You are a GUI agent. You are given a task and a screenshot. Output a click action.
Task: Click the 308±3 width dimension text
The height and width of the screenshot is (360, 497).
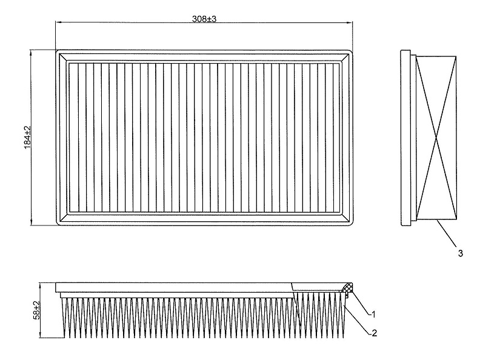click(204, 19)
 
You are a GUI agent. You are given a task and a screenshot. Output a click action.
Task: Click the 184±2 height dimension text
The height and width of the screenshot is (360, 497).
click(27, 137)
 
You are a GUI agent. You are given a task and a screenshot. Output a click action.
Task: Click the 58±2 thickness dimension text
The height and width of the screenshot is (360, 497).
click(37, 310)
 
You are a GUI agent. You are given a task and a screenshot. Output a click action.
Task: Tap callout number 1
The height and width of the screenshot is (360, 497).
click(373, 315)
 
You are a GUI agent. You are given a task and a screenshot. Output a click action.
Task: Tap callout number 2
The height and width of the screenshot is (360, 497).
click(375, 333)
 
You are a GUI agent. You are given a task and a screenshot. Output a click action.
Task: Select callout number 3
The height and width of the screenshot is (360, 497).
click(460, 253)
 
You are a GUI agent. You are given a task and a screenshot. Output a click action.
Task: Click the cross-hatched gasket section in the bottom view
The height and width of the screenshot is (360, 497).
click(347, 288)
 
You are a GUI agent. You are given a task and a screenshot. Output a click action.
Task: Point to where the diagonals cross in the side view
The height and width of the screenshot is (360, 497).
click(436, 138)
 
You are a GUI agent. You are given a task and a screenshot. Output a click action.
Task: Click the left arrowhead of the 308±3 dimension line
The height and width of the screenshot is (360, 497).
click(58, 22)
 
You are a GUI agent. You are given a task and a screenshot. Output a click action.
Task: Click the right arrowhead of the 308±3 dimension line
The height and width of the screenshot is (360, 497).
click(349, 22)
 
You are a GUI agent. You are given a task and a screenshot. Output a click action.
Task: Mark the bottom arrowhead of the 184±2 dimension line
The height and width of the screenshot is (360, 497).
click(31, 222)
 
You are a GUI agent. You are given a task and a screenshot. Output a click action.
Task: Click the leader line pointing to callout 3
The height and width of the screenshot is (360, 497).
click(447, 233)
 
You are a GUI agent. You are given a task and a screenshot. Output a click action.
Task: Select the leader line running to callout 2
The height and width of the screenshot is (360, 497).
click(358, 319)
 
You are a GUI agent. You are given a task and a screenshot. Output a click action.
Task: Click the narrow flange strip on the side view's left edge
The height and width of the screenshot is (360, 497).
click(405, 138)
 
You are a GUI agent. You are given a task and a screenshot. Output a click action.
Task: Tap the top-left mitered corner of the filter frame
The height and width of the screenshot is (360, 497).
click(64, 58)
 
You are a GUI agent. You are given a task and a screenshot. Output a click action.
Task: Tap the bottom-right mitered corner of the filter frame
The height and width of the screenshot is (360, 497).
click(344, 218)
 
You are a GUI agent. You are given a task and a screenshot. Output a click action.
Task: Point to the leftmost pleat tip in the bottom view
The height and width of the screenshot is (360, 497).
click(65, 337)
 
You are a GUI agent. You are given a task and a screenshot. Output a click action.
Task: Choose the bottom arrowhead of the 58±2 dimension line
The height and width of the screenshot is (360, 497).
click(40, 335)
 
